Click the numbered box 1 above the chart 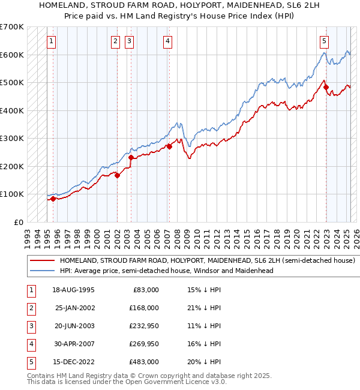[52, 41]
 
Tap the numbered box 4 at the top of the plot [167, 41]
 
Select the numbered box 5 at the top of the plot [324, 41]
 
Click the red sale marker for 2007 [170, 146]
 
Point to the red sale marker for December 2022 [326, 87]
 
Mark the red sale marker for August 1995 [53, 199]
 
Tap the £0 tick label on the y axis [18, 222]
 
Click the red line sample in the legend [41, 261]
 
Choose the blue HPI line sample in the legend [41, 271]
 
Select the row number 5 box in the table [31, 362]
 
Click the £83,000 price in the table [145, 290]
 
